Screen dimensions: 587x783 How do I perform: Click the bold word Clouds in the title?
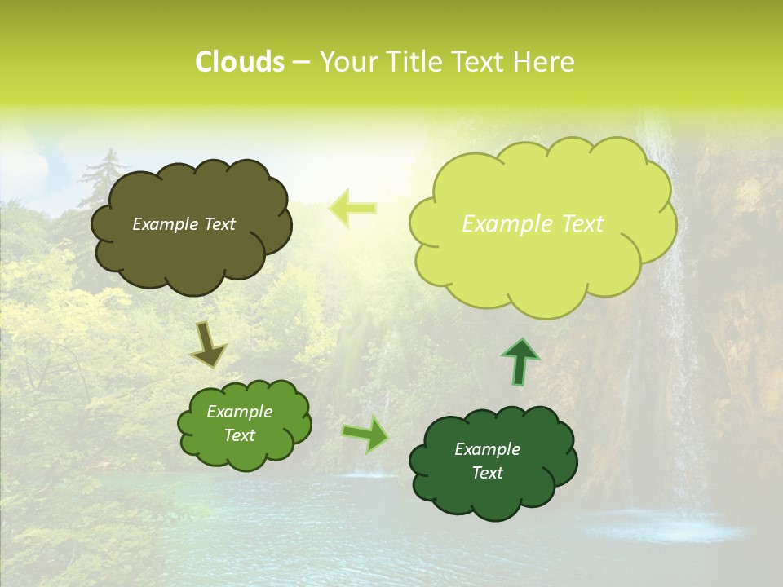pos(240,62)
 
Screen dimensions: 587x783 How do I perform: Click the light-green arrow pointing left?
pos(352,208)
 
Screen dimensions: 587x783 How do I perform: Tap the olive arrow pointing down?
pos(208,344)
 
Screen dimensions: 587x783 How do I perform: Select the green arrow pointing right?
pos(366,435)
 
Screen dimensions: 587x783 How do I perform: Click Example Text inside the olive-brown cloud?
pos(184,224)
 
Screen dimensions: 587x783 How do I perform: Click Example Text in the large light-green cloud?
pos(533,224)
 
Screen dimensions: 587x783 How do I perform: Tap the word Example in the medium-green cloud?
pos(239,412)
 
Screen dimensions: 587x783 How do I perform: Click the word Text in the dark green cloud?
pos(487,473)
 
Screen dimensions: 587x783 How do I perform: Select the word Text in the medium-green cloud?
pos(239,435)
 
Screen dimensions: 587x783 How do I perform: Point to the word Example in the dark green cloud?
pos(487,449)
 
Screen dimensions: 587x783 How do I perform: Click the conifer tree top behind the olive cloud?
pos(102,163)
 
